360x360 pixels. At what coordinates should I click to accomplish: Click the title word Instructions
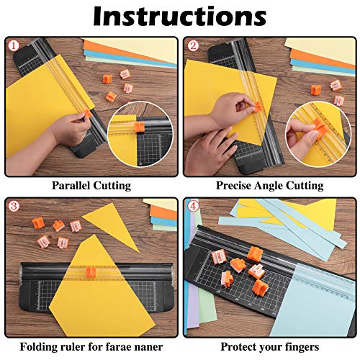point(179,15)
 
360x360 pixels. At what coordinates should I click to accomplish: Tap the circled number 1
point(12,46)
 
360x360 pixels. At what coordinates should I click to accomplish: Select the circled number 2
point(192,46)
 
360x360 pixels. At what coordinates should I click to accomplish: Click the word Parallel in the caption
point(71,185)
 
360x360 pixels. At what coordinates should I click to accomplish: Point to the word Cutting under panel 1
point(112,185)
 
